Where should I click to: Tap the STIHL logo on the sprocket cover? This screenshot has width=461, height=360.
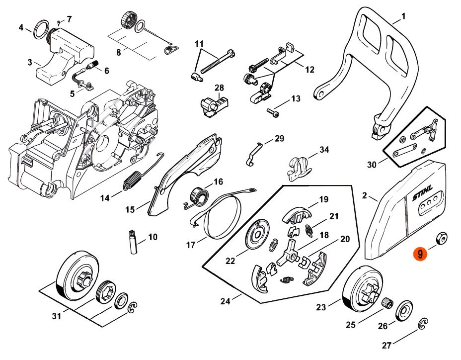pos(423,196)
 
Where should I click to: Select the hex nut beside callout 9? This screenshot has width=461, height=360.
pos(440,239)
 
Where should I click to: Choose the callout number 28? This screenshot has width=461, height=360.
pos(219,88)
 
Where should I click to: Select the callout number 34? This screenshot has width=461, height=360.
pos(324,150)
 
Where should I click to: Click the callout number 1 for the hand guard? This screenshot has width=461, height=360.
pos(403,16)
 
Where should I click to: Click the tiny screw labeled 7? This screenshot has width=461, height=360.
pos(59,23)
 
